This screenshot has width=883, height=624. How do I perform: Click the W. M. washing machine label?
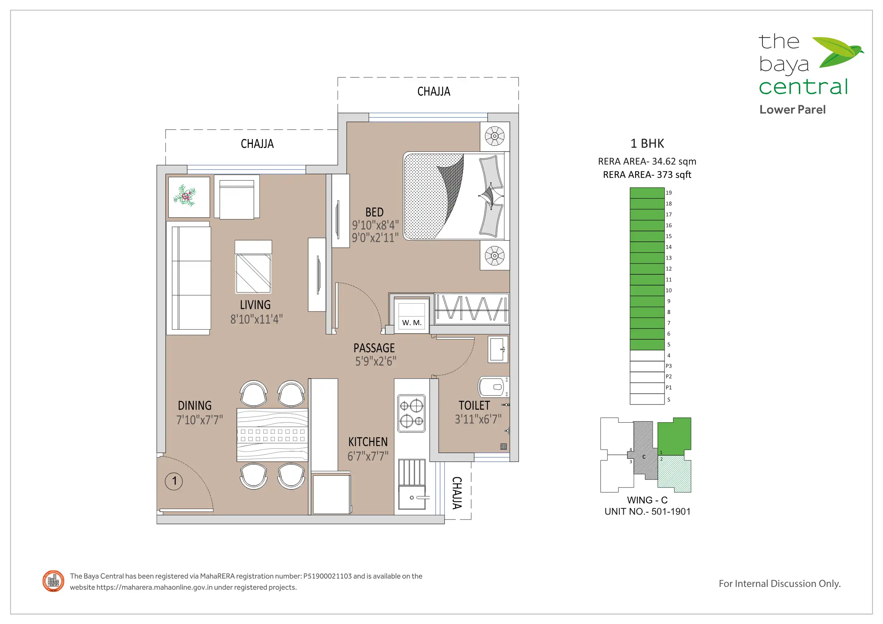click(412, 323)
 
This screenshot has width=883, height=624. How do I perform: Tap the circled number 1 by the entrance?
click(174, 481)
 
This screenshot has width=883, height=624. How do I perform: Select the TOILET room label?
click(474, 406)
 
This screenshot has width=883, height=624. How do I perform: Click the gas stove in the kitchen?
click(412, 413)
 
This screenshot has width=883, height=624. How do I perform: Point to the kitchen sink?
click(412, 497)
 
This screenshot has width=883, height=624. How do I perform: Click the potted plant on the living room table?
click(185, 196)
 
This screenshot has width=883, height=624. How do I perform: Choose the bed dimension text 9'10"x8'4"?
click(375, 225)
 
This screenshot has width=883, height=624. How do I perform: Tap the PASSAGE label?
click(374, 348)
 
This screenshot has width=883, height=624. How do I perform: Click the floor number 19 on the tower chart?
click(669, 193)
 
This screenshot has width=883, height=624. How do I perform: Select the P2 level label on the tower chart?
click(669, 377)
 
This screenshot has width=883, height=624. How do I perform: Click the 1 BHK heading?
click(647, 143)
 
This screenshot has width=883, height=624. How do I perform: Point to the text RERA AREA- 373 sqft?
click(647, 175)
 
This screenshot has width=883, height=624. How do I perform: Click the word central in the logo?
click(803, 87)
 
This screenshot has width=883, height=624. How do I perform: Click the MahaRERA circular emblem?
click(53, 581)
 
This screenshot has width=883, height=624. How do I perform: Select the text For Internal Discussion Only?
click(780, 584)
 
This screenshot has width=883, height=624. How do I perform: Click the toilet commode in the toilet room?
click(493, 387)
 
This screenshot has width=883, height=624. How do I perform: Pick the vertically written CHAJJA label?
click(457, 493)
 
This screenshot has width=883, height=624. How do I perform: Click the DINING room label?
click(195, 406)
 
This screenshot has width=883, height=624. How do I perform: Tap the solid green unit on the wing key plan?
click(674, 436)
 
